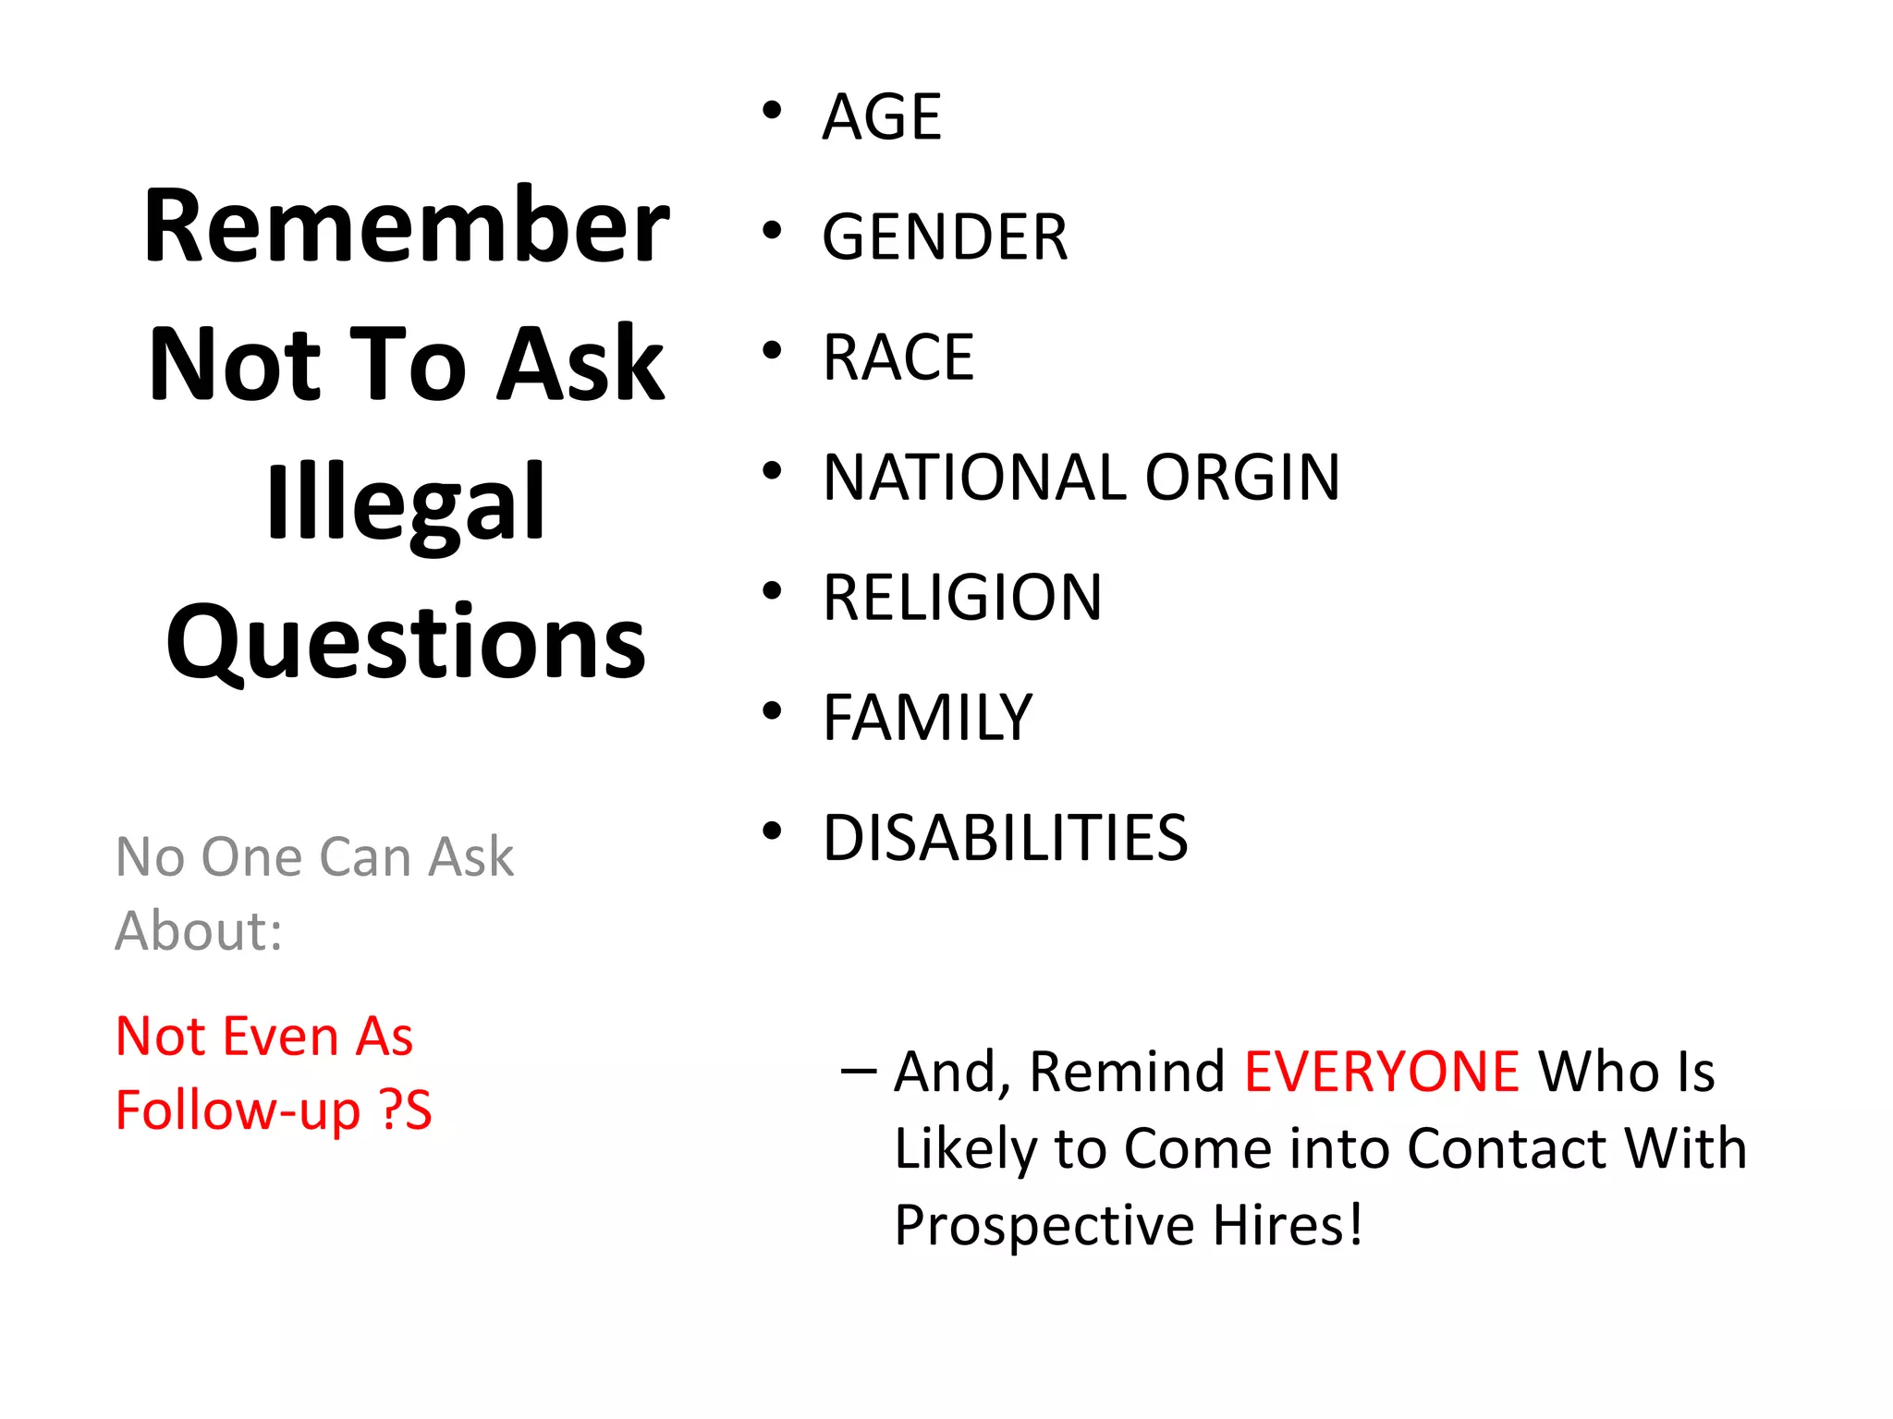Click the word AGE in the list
tap(882, 117)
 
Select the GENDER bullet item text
tap(945, 237)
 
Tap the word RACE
tap(898, 358)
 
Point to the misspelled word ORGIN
tap(1242, 478)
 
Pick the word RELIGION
tap(962, 598)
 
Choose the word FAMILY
tap(927, 718)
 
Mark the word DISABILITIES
tap(1005, 838)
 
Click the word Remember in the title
tap(407, 226)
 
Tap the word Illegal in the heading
tap(407, 503)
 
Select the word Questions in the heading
tap(407, 642)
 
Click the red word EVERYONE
tap(1381, 1072)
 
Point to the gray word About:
tap(199, 930)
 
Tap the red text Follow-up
tap(238, 1110)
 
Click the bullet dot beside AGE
tap(772, 112)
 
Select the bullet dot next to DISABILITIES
tap(772, 832)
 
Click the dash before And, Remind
tap(859, 1072)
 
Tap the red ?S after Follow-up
tap(406, 1110)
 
